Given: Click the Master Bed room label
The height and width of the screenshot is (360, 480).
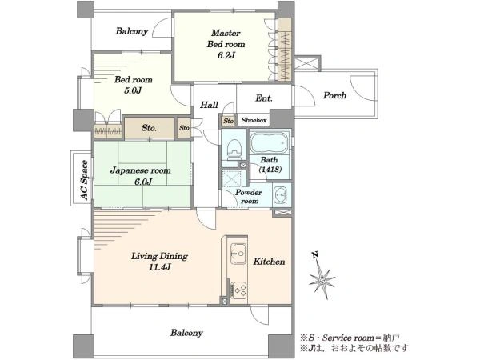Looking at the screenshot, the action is [226, 38].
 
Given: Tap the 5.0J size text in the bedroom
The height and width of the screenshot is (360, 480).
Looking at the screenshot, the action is [133, 90].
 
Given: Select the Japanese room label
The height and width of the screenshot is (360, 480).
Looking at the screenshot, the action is [141, 170].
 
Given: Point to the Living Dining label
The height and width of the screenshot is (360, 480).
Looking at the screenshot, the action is [159, 256].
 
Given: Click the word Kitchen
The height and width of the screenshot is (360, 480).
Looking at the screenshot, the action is [269, 262].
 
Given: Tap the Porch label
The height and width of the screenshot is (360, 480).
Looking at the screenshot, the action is [335, 95].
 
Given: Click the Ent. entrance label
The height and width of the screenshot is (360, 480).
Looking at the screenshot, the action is [264, 98].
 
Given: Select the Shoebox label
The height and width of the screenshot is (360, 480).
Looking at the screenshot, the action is [254, 120].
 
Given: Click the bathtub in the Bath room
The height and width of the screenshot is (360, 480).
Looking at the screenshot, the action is [270, 142].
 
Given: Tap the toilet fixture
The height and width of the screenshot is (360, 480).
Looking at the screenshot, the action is [234, 149].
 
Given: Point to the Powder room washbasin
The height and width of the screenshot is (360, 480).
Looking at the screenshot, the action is [280, 194].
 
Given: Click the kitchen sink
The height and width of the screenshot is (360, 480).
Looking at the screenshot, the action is [238, 253].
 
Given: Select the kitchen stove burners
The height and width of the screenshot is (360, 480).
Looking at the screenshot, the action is [239, 290].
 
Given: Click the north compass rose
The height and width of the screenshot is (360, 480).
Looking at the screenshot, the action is [322, 279].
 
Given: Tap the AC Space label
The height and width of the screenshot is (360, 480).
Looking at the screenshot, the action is [84, 180].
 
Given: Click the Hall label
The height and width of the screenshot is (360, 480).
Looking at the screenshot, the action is [209, 105].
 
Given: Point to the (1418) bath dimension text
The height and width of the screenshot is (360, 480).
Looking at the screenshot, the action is [270, 170].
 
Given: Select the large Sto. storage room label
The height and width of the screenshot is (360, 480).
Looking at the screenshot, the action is [149, 128].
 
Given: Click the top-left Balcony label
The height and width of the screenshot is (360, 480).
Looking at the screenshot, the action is [132, 31].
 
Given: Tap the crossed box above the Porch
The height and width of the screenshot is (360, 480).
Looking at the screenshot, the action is [307, 63].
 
